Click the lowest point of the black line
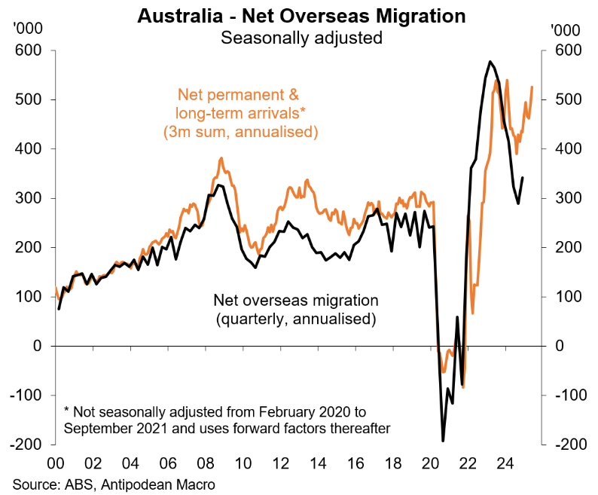pos(443,441)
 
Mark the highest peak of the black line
pos(490,62)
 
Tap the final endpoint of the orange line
pos(532,87)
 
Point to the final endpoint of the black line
pos(523,178)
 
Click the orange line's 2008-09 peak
pos(221,158)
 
